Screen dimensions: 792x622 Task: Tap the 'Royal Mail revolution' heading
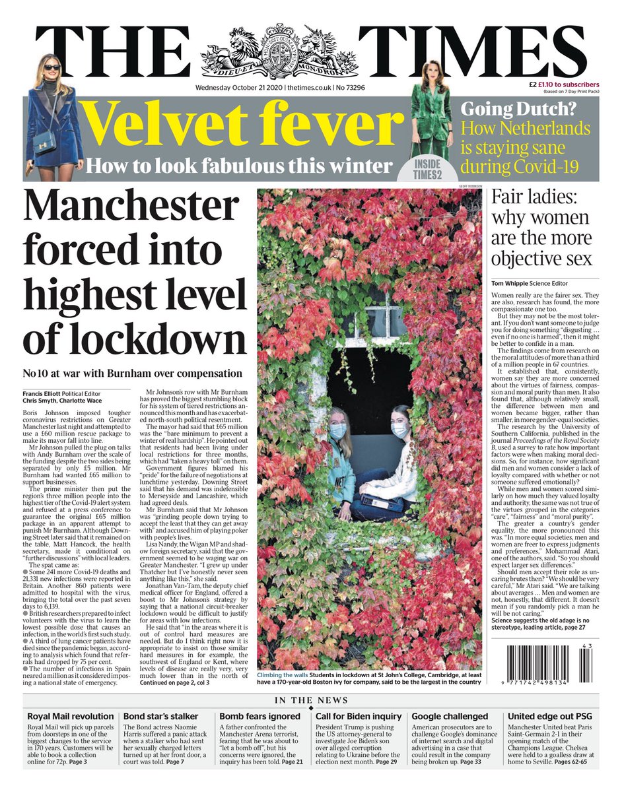tap(71, 715)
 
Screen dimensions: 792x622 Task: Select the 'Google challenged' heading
tap(450, 715)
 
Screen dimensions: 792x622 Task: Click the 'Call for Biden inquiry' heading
tap(359, 715)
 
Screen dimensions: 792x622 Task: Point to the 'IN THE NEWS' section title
tap(311, 700)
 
